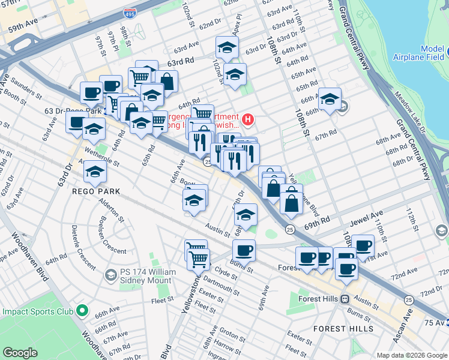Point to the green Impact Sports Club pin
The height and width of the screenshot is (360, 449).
(83, 311)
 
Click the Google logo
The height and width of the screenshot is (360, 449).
(20, 353)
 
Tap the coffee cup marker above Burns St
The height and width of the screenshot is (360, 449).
(244, 250)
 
